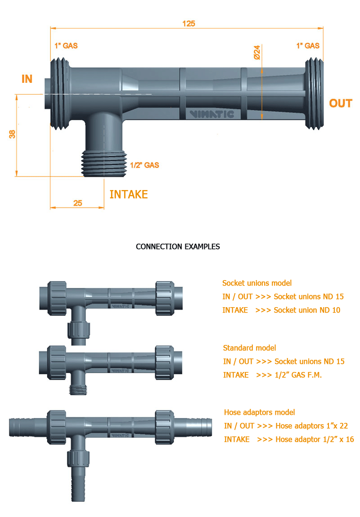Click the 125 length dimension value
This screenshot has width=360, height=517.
(x=189, y=24)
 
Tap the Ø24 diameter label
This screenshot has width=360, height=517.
(x=257, y=52)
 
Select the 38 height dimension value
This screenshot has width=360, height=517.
(x=12, y=134)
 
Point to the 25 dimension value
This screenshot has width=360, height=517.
(x=78, y=203)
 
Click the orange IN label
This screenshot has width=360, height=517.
(x=27, y=79)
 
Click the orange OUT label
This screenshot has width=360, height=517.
(x=341, y=104)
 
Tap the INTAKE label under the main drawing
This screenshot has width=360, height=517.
(x=128, y=195)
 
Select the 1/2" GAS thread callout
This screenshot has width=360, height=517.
(x=144, y=165)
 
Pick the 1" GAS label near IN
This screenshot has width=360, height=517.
(x=66, y=46)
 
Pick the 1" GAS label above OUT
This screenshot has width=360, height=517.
(x=308, y=46)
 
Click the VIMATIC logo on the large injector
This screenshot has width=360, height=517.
(x=212, y=114)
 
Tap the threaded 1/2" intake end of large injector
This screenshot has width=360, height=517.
(x=104, y=164)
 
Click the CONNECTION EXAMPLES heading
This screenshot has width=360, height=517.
(x=178, y=247)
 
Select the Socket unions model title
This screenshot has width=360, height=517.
(x=257, y=283)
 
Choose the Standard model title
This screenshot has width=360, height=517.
(x=249, y=348)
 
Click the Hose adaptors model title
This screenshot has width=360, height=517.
(x=259, y=413)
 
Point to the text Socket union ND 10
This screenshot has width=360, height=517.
(x=307, y=310)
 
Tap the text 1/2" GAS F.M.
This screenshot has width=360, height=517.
(x=298, y=375)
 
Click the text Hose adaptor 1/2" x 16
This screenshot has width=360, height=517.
(x=315, y=440)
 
